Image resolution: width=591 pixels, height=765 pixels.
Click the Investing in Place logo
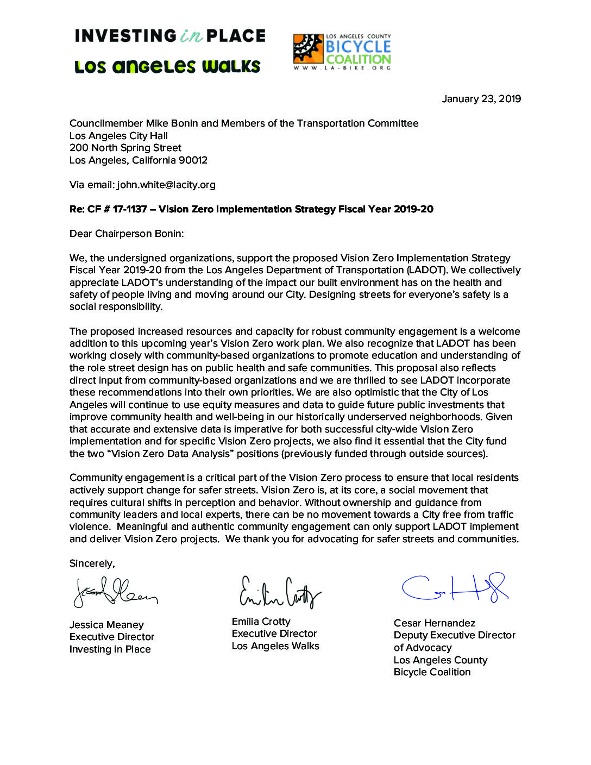170,36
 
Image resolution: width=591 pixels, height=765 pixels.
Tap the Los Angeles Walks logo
167,67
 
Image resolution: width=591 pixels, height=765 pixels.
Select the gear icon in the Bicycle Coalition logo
308,49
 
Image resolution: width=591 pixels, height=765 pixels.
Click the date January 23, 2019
481,99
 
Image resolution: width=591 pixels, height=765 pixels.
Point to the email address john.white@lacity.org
166,185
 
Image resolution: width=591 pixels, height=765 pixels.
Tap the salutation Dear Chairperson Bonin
127,234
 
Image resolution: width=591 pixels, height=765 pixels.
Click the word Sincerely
92,563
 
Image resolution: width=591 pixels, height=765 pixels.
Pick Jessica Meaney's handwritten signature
115,592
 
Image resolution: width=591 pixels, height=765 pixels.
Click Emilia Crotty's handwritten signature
280,592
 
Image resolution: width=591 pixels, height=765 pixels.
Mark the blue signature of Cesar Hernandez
455,587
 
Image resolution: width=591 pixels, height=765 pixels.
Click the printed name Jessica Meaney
106,625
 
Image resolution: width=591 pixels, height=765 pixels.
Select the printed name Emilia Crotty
261,622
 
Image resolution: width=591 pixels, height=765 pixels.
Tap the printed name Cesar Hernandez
435,623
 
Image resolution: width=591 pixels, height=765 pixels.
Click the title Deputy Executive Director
455,635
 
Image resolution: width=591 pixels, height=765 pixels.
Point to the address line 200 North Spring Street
125,148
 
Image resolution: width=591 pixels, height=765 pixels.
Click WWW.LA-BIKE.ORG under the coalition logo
342,68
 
